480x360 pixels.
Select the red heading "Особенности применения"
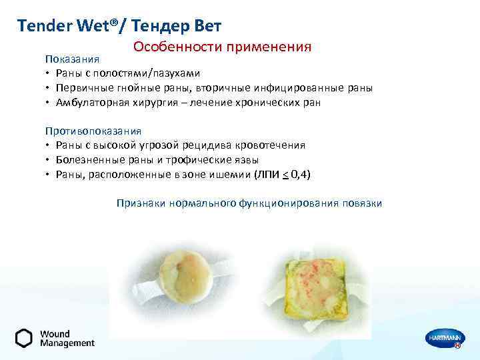[x=222, y=47]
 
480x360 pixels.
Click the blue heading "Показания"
[x=72, y=60]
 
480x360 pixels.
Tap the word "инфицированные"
[x=295, y=88]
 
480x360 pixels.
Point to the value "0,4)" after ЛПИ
[x=300, y=175]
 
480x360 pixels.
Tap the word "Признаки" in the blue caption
[x=139, y=203]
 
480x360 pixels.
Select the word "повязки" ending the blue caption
[x=363, y=203]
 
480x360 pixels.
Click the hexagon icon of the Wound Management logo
[x=23, y=338]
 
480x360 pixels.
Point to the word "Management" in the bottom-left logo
[x=67, y=344]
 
